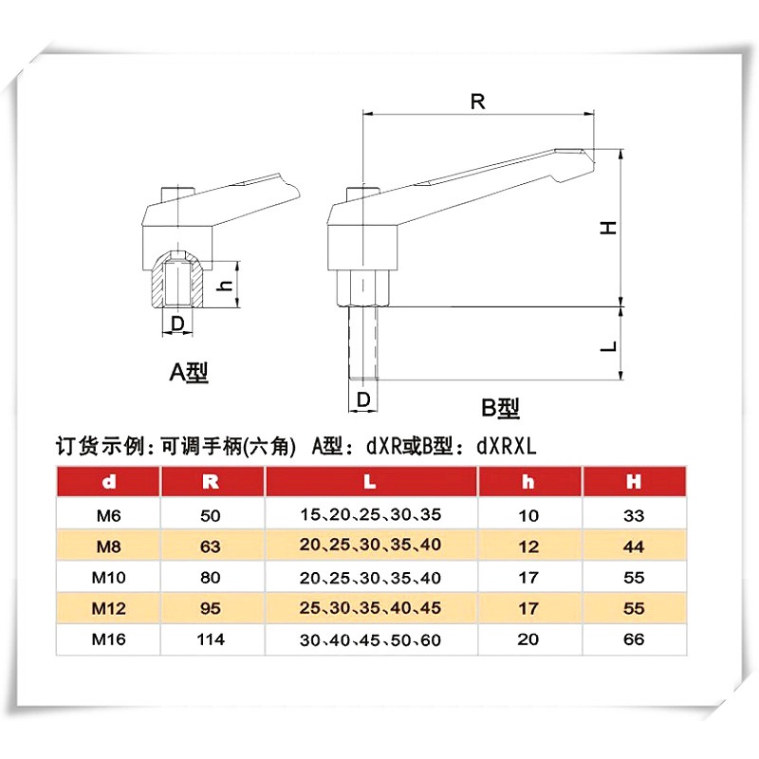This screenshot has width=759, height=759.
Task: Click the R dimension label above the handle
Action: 477,102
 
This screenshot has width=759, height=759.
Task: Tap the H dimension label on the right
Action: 608,228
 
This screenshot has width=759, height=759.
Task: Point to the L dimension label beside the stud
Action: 608,346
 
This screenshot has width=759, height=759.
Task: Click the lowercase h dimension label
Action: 224,286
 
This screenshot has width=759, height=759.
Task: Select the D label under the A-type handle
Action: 177,323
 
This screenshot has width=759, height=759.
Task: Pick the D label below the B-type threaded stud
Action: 363,399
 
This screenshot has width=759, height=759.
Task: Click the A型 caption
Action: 189,372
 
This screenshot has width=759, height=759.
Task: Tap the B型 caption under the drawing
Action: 501,408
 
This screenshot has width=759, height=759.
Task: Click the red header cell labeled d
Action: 108,482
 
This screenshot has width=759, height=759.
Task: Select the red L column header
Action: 371,482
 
